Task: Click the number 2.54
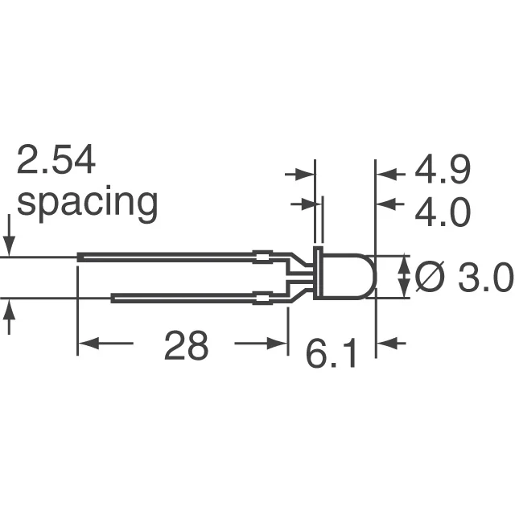pos(56,161)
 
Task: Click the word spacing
pos(87,204)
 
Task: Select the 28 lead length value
pos(186,346)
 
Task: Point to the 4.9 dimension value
pos(442,172)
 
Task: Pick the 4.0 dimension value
pos(442,214)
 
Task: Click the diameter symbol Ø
pos(431,278)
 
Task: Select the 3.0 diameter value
pos(486,279)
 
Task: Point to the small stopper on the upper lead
pos(260,257)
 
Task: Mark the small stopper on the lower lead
pos(260,299)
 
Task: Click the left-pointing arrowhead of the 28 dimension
pos(85,344)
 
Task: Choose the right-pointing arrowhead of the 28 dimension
pos(280,344)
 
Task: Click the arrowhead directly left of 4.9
pos(385,173)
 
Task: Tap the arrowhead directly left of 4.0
pos(385,204)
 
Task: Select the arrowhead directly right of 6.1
pos(385,344)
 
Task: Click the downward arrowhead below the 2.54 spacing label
pos(9,246)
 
